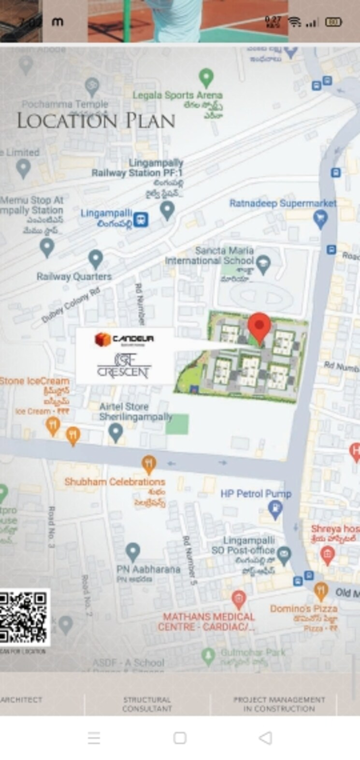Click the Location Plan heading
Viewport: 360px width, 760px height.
pos(96,120)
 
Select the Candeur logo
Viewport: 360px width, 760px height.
pos(124,339)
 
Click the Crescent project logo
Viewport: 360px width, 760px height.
pos(124,367)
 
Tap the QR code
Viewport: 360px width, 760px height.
pos(24,617)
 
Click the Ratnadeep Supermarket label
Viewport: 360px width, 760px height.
pos(283,203)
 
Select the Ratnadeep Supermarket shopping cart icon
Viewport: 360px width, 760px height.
pos(320,220)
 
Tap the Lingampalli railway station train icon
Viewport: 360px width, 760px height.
pos(141,219)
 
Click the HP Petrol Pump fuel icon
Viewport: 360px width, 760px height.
pos(275,509)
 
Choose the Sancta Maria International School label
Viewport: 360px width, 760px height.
pos(209,256)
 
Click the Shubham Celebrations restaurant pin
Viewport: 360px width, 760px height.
pos(149,465)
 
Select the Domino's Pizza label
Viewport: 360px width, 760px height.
pos(303,609)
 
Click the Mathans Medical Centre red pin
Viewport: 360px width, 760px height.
pos(238,599)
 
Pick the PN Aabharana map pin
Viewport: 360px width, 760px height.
pos(132,551)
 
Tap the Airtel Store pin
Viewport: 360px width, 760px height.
pos(115,431)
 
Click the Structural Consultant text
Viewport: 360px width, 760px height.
pos(147,704)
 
